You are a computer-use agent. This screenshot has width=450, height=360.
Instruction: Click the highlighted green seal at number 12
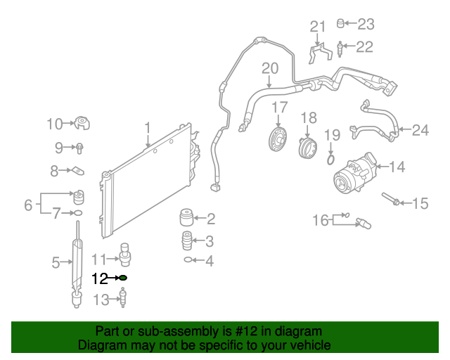[x=123, y=278]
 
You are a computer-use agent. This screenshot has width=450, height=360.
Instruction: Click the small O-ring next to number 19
[x=330, y=160]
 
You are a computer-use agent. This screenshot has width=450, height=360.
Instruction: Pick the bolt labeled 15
[x=392, y=201]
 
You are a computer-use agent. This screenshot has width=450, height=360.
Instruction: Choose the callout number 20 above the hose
[x=270, y=69]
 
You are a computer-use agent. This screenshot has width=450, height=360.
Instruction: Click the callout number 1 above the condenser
[x=148, y=127]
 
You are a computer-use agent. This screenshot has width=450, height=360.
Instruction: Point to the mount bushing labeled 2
[x=187, y=217]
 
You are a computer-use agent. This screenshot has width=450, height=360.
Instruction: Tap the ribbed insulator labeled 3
[x=187, y=240]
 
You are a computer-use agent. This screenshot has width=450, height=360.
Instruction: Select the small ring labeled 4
[x=188, y=260]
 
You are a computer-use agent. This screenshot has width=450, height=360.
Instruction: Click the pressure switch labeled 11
[x=125, y=252]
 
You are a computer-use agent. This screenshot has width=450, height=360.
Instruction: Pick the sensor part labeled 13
[x=124, y=300]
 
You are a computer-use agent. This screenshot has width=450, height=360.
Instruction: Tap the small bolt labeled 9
[x=79, y=148]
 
